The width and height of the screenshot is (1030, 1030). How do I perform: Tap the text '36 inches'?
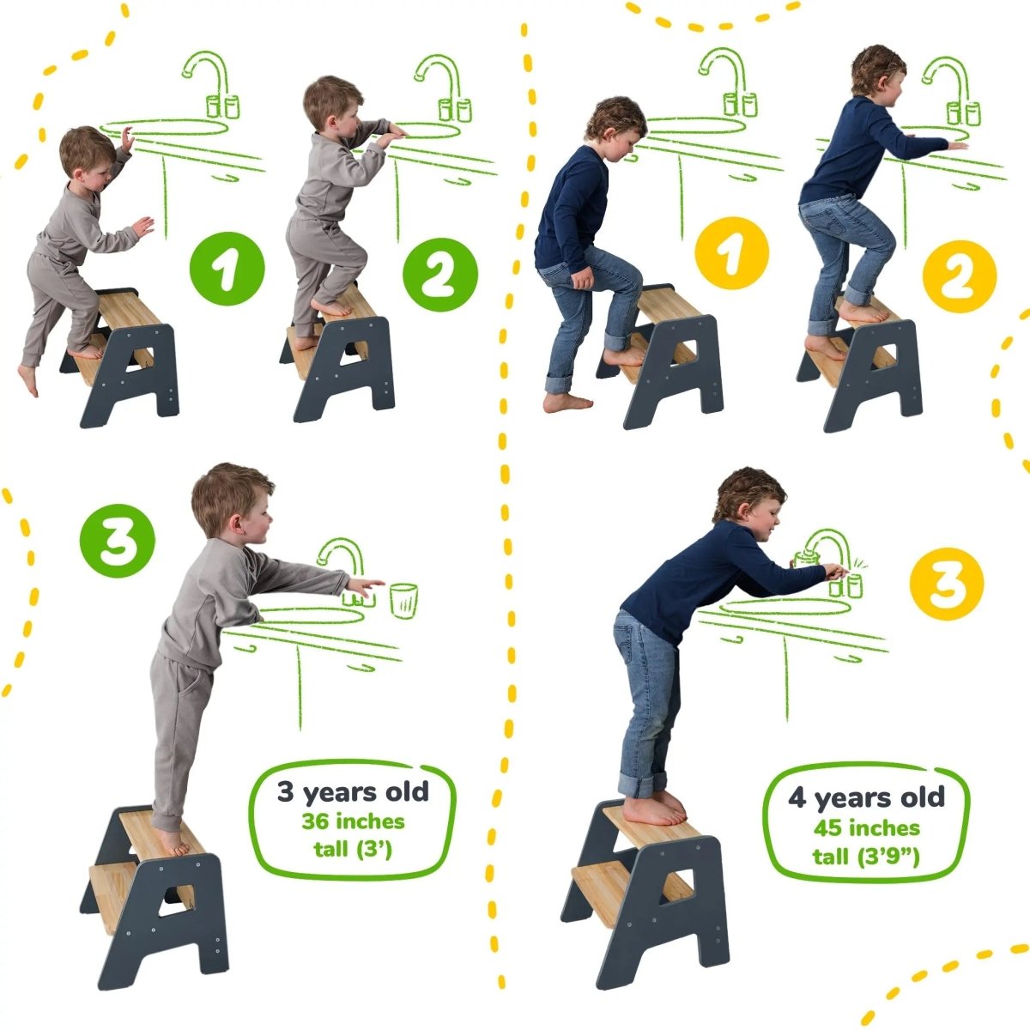[x=352, y=821]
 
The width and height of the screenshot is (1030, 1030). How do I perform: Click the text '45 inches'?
[x=866, y=828]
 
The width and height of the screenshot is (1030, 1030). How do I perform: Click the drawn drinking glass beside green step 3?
[x=403, y=599]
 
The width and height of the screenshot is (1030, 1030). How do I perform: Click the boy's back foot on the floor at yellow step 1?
[x=567, y=402]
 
